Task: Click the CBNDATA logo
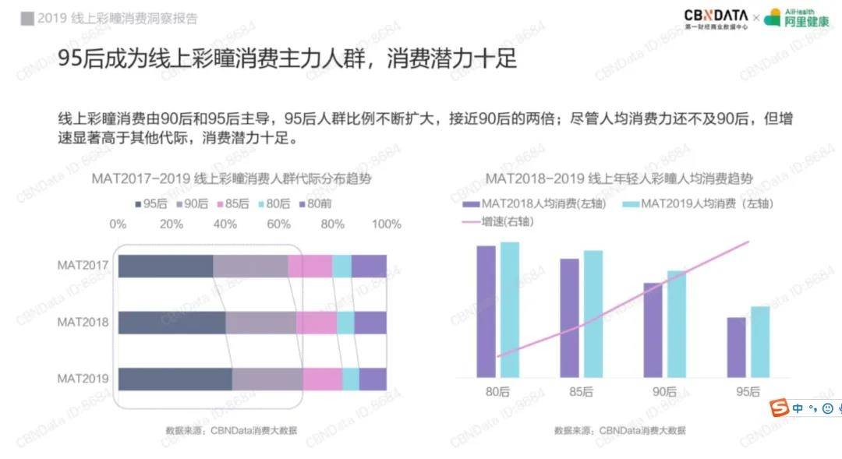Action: (x=715, y=16)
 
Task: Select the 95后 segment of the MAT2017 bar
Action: (x=165, y=266)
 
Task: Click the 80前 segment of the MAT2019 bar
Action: (x=373, y=379)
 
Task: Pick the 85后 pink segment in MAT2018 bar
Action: (x=317, y=323)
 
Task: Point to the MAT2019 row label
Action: (x=82, y=379)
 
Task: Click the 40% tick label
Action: (x=226, y=224)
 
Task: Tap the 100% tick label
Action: (x=386, y=224)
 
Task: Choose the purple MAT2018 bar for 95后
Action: (x=736, y=347)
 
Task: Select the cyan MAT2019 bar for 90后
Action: (x=677, y=323)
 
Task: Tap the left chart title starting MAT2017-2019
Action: (x=231, y=178)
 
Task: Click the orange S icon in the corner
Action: (x=778, y=408)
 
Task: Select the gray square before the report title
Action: (x=27, y=18)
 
